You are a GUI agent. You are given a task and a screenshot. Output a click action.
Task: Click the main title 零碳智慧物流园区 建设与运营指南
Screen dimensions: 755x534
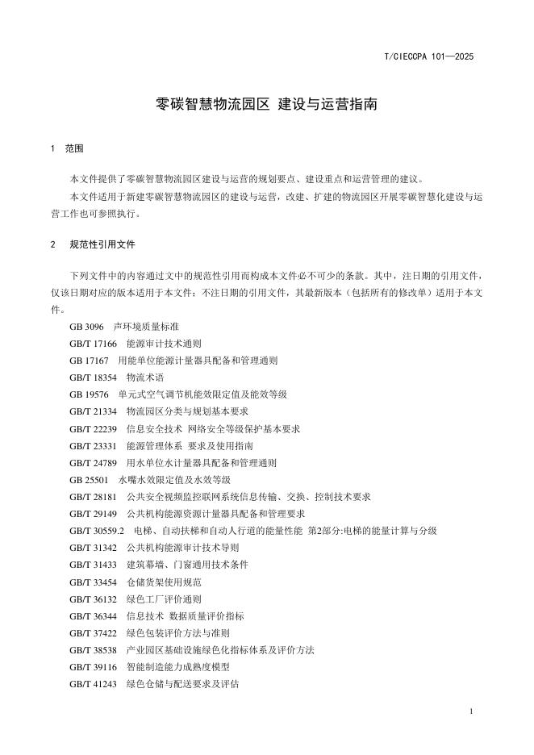click(x=266, y=105)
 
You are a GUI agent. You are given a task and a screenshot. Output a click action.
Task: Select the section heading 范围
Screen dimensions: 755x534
click(x=74, y=149)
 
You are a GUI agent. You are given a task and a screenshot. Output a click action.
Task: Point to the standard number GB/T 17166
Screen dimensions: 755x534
click(x=93, y=344)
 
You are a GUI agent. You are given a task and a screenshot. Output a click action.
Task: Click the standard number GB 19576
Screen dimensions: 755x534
click(x=89, y=394)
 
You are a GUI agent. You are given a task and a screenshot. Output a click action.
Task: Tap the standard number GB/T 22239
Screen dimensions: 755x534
click(x=93, y=429)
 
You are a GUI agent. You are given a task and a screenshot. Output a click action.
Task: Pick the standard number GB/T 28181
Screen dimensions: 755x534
click(x=93, y=497)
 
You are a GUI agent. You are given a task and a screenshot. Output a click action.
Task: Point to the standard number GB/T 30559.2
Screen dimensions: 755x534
click(x=97, y=531)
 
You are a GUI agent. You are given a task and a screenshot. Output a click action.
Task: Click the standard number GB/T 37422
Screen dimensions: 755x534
click(x=93, y=632)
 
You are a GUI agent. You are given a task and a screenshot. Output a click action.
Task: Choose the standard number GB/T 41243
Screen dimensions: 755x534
click(x=93, y=684)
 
